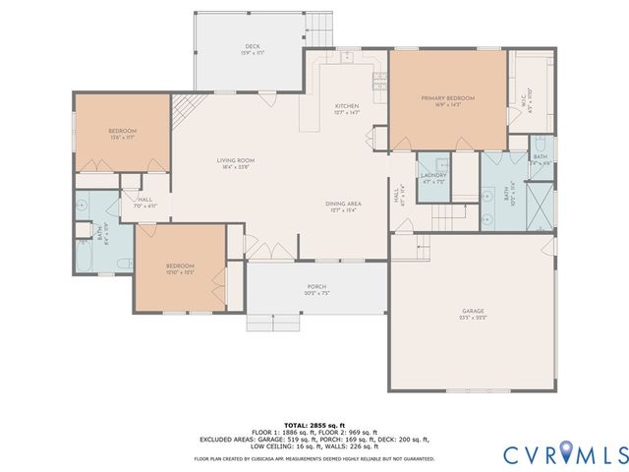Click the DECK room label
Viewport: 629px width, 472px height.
pyautogui.click(x=252, y=46)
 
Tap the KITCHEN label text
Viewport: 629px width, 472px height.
pyautogui.click(x=346, y=106)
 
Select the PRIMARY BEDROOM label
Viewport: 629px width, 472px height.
pyautogui.click(x=447, y=98)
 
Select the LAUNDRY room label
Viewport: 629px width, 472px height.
pyautogui.click(x=433, y=176)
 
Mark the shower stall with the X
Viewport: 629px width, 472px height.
pyautogui.click(x=540, y=204)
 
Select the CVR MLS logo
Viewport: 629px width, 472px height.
pyautogui.click(x=564, y=453)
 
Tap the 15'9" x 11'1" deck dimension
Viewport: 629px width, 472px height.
pyautogui.click(x=252, y=53)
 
